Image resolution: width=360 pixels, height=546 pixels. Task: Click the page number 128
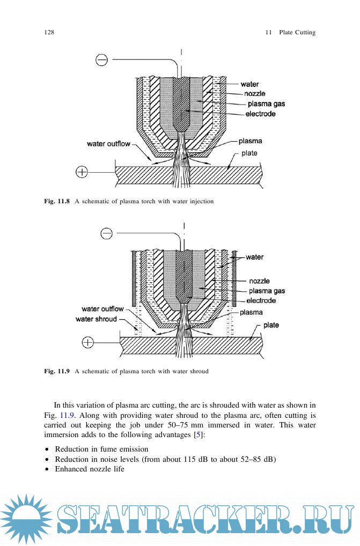click(x=49, y=33)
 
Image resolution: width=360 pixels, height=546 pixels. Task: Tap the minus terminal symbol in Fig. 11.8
click(x=101, y=60)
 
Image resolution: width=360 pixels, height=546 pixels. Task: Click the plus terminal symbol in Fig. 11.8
click(x=82, y=172)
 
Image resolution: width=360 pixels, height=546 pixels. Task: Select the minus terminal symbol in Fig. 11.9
click(x=107, y=233)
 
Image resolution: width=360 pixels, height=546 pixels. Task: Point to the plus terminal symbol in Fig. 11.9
click(x=86, y=342)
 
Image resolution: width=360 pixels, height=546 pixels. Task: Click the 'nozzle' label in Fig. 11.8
click(x=254, y=94)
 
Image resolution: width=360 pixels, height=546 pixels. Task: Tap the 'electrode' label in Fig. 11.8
click(x=260, y=114)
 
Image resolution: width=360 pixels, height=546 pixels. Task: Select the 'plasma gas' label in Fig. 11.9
click(x=267, y=291)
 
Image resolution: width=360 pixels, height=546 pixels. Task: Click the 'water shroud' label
click(x=96, y=319)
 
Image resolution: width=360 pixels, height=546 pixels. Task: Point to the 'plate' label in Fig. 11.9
click(x=271, y=325)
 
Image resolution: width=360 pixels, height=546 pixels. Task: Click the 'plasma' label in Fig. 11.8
click(x=251, y=141)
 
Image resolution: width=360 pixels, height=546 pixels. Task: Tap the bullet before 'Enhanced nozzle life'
click(x=47, y=469)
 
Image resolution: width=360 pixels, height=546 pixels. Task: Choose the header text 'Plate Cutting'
click(x=297, y=33)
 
